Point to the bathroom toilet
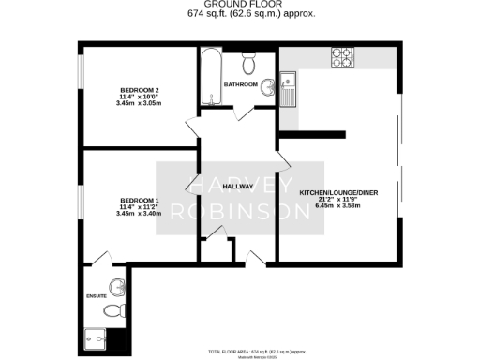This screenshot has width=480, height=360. [x=247, y=64]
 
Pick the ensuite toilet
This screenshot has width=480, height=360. [x=112, y=310]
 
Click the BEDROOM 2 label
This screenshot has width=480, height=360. [x=138, y=90]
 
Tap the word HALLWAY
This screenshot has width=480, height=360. [x=238, y=187]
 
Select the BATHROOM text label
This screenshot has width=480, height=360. [x=239, y=84]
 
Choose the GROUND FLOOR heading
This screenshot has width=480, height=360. [x=239, y=6]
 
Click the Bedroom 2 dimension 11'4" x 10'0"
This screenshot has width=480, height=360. [x=138, y=97]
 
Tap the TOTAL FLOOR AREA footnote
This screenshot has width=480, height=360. [x=258, y=351]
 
